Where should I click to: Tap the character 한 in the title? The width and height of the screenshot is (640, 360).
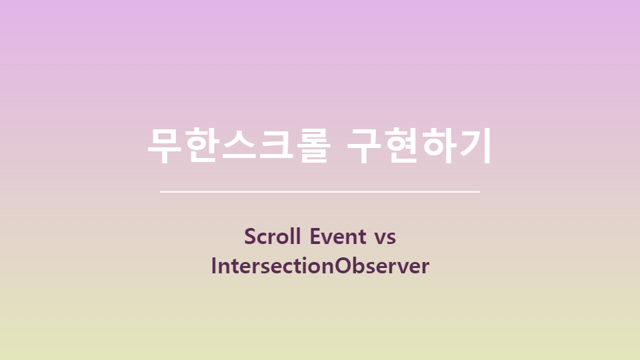pos(202,145)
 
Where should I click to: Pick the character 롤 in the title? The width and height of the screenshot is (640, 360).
pos(311,145)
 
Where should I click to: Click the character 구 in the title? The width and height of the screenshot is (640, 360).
pos(366,145)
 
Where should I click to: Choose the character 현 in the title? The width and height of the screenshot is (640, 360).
pos(403,145)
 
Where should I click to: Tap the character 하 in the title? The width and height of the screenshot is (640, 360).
pos(439,145)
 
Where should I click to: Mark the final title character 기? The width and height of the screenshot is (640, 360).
pos(475,145)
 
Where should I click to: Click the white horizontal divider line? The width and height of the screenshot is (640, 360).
pos(320,191)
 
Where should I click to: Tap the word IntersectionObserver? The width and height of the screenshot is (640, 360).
pos(320,266)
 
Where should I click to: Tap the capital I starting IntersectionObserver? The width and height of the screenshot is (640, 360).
pos(214,266)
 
